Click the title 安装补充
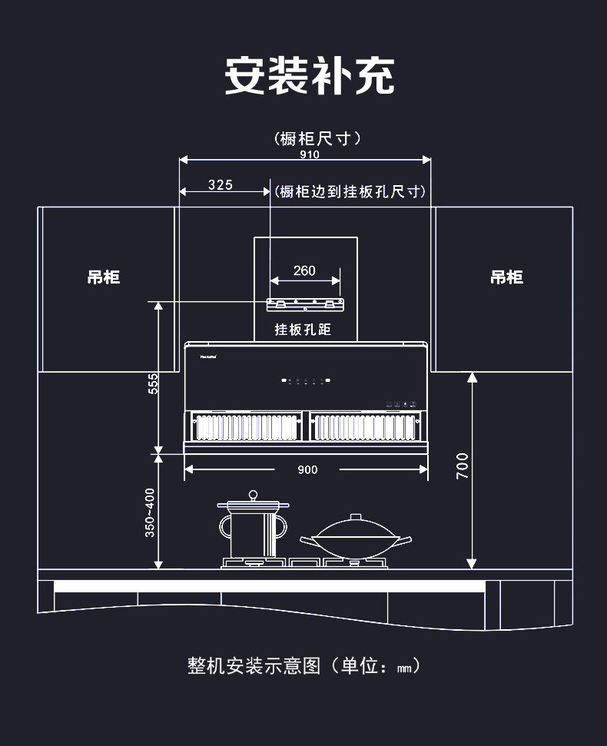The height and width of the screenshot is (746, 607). (309, 76)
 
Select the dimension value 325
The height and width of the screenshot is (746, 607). (220, 185)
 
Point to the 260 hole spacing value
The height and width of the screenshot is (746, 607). (304, 271)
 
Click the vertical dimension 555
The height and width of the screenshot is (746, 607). (153, 383)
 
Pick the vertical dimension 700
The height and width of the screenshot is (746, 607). (462, 466)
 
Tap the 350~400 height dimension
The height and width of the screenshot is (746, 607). (150, 512)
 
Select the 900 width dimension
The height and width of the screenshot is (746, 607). (307, 469)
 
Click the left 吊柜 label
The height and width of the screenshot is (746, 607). (104, 277)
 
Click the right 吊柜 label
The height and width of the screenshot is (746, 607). (507, 277)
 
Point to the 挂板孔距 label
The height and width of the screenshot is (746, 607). (303, 330)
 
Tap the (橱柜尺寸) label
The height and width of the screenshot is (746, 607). (317, 138)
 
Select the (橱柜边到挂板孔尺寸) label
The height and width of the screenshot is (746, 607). (350, 191)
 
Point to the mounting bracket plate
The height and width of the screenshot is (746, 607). (305, 304)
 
